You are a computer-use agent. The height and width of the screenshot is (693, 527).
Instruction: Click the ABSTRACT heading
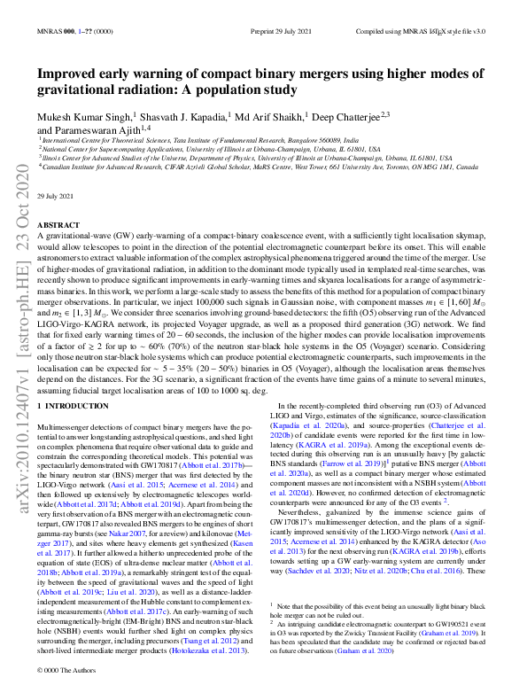[x=58, y=227]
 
